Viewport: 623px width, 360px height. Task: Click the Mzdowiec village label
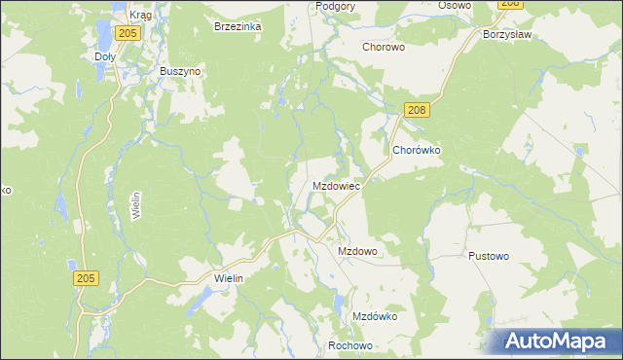[337, 185]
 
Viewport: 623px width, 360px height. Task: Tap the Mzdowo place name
[357, 251]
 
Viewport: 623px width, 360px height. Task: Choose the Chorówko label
[418, 151]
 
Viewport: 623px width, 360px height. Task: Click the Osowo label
[454, 6]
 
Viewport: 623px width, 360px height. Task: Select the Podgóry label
[336, 6]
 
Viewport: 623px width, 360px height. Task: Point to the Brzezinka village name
[238, 27]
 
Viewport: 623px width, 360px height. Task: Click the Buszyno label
[180, 72]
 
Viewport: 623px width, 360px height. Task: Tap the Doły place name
[105, 56]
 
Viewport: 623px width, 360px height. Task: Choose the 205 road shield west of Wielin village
[86, 278]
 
